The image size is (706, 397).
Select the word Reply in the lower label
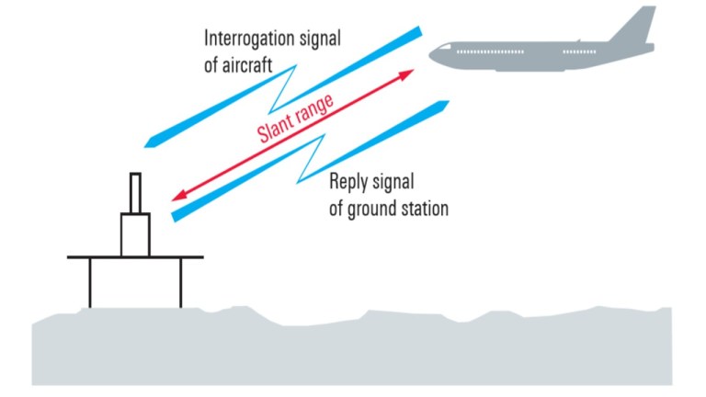(x=351, y=180)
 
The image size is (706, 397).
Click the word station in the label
(x=420, y=209)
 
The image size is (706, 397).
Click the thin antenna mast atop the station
(x=135, y=193)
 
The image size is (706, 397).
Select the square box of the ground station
(x=135, y=234)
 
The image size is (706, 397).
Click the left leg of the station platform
(x=90, y=282)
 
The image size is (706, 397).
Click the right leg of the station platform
(x=180, y=282)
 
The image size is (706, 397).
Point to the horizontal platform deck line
(x=134, y=257)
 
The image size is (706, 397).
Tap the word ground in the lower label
(x=369, y=209)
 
